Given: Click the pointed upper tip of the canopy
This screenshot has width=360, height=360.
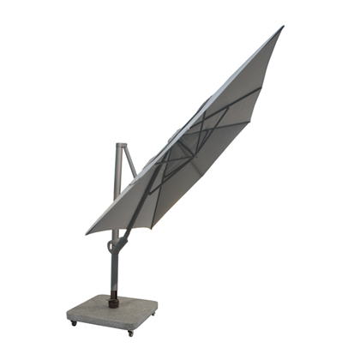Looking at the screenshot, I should (282, 27).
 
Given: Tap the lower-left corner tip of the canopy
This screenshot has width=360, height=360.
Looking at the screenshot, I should (87, 232).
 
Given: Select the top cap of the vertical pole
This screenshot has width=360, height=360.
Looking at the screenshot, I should (121, 145).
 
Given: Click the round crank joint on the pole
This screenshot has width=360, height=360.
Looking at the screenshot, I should (111, 246).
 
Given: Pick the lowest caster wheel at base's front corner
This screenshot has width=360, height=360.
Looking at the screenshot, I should (129, 332).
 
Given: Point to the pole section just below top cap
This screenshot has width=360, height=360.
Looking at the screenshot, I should (120, 163).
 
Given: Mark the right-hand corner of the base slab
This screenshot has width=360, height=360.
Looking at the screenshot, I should (158, 303).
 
